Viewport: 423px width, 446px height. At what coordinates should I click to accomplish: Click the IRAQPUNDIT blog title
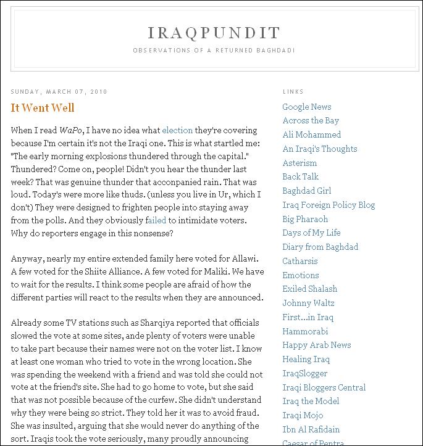pos(214,33)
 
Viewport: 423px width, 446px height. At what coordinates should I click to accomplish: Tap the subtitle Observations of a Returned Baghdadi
pos(214,50)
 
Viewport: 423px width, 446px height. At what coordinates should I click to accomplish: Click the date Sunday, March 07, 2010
pos(59,92)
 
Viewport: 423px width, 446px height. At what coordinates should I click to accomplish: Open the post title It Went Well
pos(43,108)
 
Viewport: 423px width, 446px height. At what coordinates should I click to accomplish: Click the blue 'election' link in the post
pos(177,130)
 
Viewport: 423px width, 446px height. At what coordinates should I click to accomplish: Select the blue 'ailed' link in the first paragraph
pos(157,220)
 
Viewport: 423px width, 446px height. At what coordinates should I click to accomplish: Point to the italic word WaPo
pos(71,130)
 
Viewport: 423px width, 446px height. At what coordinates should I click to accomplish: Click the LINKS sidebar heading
pos(293,92)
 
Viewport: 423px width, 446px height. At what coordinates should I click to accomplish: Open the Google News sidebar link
pos(307,107)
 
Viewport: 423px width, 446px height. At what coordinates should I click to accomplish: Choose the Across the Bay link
pos(311,120)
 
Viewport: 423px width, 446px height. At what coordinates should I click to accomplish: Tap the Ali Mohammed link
pos(311,134)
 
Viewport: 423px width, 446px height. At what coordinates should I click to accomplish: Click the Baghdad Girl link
pos(307,191)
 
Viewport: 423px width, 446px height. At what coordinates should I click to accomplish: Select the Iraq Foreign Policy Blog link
pos(329,205)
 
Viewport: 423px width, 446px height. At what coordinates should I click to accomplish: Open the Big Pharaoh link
pos(305,219)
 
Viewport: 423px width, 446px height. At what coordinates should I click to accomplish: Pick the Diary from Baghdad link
pos(320,247)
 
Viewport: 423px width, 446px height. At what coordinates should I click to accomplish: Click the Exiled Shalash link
pos(309,289)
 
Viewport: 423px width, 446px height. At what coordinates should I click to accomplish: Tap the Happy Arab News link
pos(316,345)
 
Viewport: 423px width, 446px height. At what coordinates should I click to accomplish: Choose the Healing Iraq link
pos(306,359)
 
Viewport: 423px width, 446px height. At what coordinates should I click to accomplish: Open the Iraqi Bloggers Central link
pos(324,387)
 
